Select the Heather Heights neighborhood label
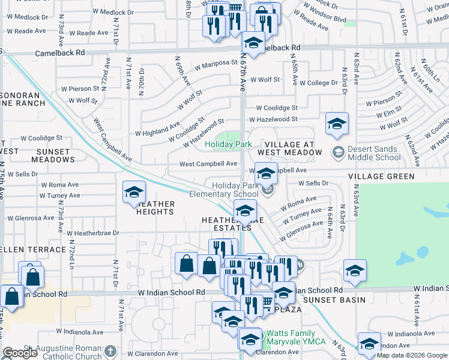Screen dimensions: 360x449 click(155, 208)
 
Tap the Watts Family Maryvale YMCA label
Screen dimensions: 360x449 click(296, 337)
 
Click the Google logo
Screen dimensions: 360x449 click(20, 353)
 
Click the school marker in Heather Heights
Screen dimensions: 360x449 click(134, 193)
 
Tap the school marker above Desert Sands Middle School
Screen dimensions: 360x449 click(337, 124)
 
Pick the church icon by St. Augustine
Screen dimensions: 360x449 click(110, 351)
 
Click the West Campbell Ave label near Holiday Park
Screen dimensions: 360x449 click(208, 164)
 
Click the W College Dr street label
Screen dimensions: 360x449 click(319, 83)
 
